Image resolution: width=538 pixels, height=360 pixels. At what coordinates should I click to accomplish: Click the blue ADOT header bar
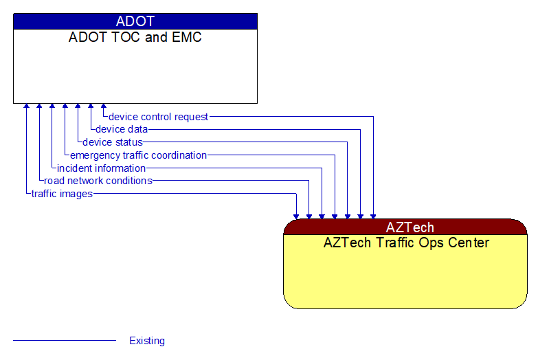(135, 21)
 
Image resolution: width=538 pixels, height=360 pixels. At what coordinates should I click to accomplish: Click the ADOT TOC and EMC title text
(135, 37)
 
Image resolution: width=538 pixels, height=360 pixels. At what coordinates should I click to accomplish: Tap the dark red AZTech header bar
(405, 227)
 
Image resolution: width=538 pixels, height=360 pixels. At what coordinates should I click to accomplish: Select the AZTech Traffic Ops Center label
(405, 243)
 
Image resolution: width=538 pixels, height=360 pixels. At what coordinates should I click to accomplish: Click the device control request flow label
(158, 117)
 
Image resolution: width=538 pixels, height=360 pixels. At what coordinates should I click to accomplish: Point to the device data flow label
(122, 129)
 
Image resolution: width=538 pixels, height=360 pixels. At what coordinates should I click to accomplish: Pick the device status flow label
(113, 142)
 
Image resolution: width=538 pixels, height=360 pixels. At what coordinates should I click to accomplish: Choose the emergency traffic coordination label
(138, 155)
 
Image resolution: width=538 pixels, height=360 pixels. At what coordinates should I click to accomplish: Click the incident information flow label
(101, 168)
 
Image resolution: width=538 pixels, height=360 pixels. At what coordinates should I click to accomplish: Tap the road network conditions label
(98, 181)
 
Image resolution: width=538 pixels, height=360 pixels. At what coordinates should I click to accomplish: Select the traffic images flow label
(62, 194)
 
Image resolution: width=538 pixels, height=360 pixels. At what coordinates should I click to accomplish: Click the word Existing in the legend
(147, 341)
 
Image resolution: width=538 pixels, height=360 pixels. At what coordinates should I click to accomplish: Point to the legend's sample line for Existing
(65, 341)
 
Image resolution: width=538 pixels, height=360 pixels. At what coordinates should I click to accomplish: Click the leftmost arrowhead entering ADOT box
(26, 106)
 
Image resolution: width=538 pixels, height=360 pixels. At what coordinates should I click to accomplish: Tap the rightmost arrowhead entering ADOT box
(104, 106)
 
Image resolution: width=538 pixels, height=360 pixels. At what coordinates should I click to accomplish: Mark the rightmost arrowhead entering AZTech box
(373, 216)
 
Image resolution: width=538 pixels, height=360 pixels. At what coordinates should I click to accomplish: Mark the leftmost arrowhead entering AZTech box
(296, 216)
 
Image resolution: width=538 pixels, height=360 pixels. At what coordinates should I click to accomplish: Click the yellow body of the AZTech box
(405, 278)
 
